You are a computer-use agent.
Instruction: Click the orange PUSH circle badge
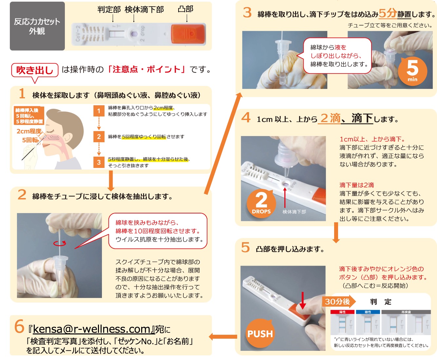coord(260,333)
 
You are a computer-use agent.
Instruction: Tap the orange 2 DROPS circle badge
coord(261,203)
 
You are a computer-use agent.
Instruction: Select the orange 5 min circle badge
coord(412,71)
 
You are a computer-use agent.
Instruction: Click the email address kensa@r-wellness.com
coord(91,329)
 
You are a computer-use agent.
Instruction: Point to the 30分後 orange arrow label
coord(339,302)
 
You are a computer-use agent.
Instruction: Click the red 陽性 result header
coord(342,312)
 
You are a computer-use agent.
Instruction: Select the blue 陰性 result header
coord(368,312)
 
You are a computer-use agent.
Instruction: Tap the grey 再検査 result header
coord(406,312)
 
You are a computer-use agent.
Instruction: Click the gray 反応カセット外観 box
coord(37,26)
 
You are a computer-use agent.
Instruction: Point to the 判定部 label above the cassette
coord(109,10)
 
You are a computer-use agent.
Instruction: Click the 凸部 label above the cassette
coord(185,9)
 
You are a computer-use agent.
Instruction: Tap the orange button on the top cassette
coord(188,34)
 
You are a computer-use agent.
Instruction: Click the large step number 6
coord(19,327)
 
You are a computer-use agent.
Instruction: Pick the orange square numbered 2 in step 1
coord(99,136)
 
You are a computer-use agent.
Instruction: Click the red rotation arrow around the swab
coord(60,243)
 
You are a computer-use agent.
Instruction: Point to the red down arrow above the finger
coord(303,300)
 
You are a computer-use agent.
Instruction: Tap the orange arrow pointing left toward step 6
coord(223,337)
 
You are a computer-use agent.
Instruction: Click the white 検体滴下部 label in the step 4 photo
coord(294,212)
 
